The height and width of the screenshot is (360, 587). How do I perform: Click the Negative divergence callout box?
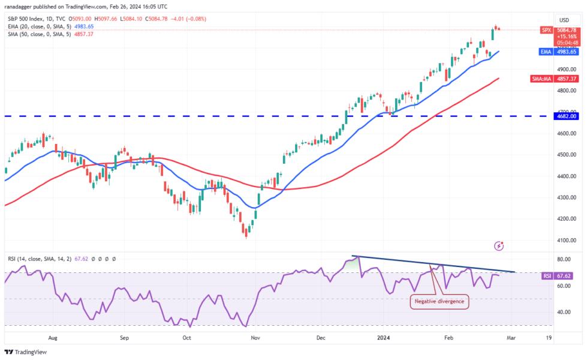(440, 301)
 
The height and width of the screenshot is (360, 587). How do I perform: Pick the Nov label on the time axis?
(256, 338)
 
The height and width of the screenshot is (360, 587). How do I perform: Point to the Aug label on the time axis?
(52, 338)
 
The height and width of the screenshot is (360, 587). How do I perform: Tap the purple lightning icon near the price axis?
(499, 245)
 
